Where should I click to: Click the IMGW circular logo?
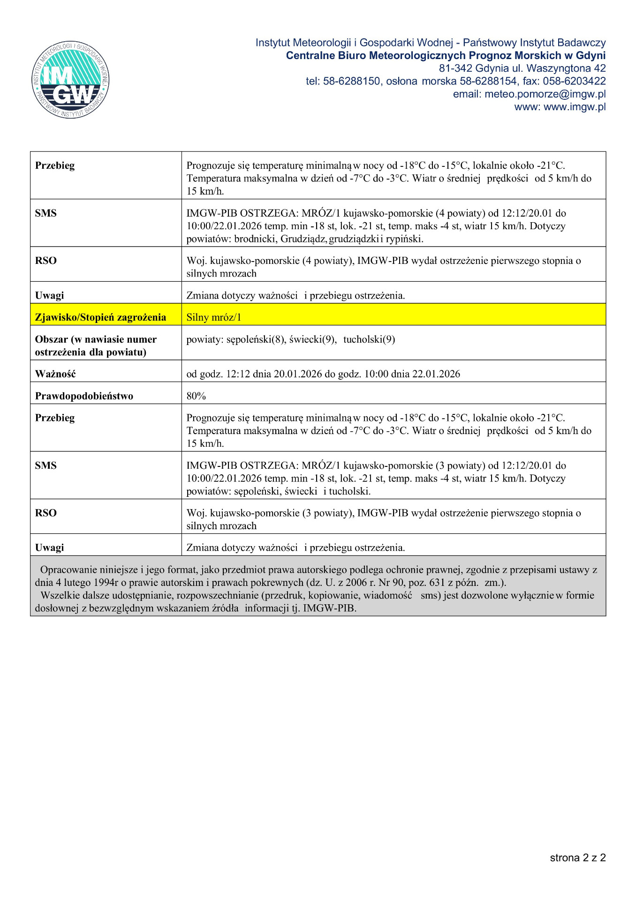70,79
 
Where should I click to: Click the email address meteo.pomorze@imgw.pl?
545,94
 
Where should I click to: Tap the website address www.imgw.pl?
575,107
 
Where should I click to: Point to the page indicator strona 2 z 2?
577,858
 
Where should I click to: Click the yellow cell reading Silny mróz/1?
214,317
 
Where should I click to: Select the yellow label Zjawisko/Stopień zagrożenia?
100,317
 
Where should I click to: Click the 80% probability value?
196,396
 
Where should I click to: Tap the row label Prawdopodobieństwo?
84,396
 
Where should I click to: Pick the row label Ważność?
55,374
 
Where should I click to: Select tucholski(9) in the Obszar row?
369,339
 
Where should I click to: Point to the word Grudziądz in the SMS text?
303,239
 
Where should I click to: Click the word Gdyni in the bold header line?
591,56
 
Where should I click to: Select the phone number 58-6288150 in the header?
351,81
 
